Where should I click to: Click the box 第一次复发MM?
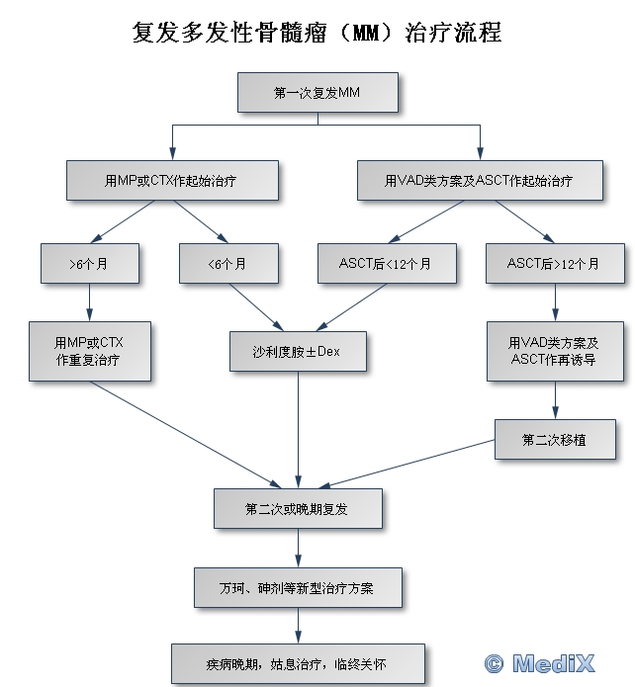tap(317, 93)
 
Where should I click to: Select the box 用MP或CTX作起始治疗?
tap(171, 181)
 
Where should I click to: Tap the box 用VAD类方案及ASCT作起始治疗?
tap(479, 181)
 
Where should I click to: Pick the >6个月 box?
tap(89, 264)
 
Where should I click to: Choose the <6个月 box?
tap(227, 264)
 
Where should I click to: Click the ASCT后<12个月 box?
tap(386, 264)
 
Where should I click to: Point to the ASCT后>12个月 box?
tap(553, 264)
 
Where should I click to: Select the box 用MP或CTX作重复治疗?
tap(89, 351)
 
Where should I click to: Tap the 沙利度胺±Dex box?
tap(298, 351)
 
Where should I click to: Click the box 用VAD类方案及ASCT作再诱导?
tap(553, 351)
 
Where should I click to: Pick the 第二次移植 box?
tap(554, 439)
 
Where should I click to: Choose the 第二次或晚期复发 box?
tap(298, 508)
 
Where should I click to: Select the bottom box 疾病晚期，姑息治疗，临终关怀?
tap(298, 664)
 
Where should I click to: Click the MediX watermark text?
tap(569, 662)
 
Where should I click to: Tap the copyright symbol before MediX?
tap(495, 662)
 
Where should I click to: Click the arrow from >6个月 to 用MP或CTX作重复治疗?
tap(89, 301)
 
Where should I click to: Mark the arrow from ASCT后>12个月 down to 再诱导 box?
tap(553, 301)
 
